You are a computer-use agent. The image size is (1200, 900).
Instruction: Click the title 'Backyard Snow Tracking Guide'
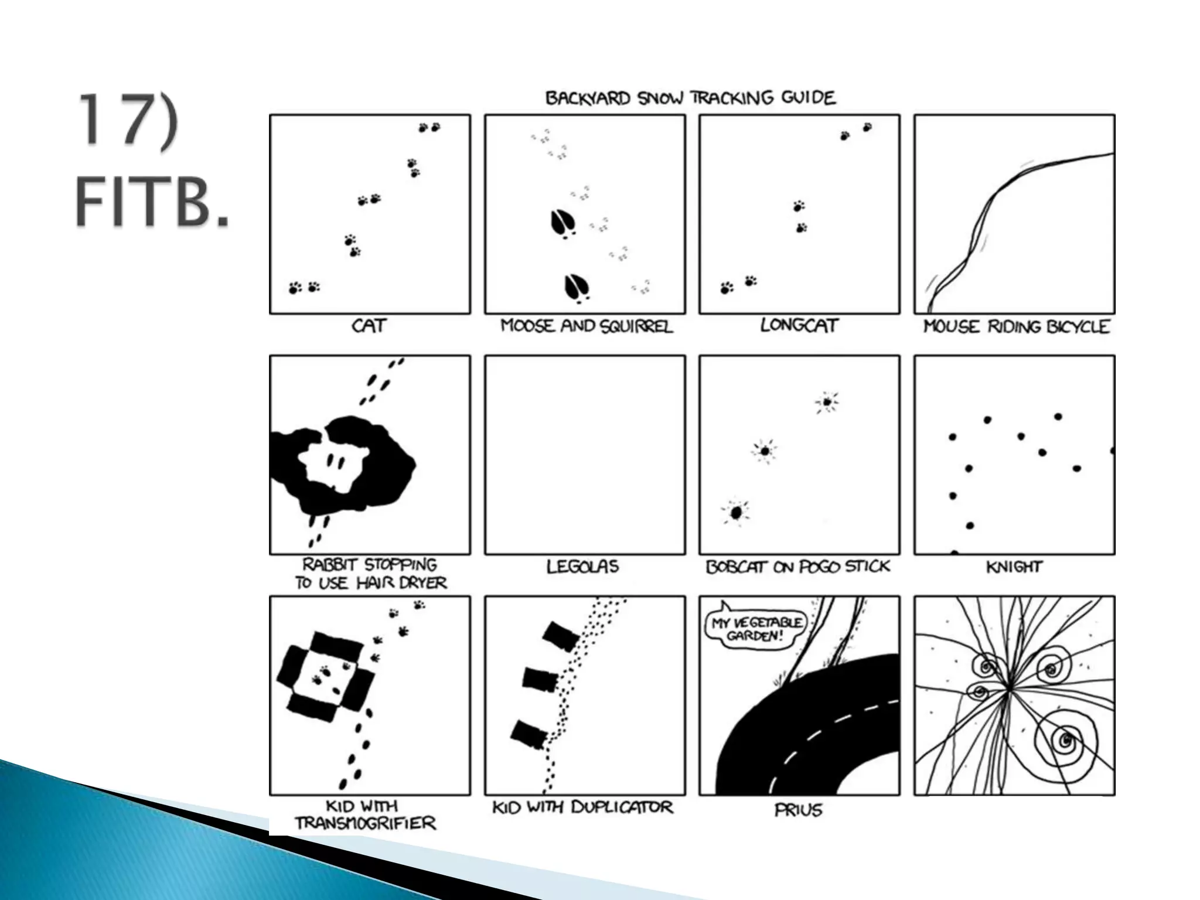pyautogui.click(x=690, y=98)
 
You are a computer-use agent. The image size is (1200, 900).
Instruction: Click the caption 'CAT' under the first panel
pyautogui.click(x=369, y=326)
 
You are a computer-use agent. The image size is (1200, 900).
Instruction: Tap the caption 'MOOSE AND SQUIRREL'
pyautogui.click(x=587, y=326)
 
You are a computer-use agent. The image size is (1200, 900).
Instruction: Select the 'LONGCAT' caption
pyautogui.click(x=799, y=325)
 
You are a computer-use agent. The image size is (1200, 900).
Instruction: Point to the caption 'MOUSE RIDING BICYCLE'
pyautogui.click(x=1016, y=327)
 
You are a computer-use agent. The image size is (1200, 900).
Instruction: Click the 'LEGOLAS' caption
pyautogui.click(x=582, y=567)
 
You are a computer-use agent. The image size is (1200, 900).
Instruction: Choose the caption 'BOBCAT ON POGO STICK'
pyautogui.click(x=798, y=567)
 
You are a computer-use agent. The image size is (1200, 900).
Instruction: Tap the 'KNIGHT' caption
pyautogui.click(x=1014, y=567)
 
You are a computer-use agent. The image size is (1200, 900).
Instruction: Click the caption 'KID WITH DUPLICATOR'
pyautogui.click(x=582, y=807)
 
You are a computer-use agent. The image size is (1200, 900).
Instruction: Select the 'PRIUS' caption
pyautogui.click(x=798, y=810)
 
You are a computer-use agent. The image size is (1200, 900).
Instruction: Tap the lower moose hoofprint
pyautogui.click(x=577, y=288)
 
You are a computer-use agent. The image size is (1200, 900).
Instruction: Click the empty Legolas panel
pyautogui.click(x=585, y=455)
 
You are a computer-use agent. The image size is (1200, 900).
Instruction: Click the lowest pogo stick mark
pyautogui.click(x=736, y=513)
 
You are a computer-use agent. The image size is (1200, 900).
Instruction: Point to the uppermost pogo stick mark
pyautogui.click(x=826, y=402)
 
